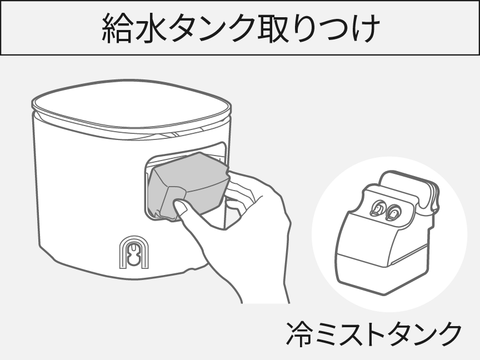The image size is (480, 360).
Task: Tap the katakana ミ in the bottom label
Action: pos(328,333)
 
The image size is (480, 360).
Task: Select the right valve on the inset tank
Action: pos(394,211)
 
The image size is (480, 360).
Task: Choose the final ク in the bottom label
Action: pos(449,333)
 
